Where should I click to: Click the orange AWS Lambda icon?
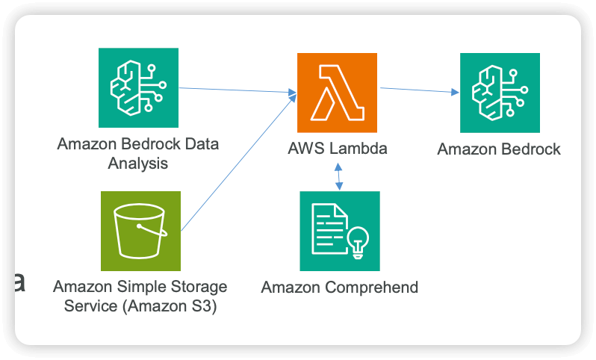pyautogui.click(x=337, y=92)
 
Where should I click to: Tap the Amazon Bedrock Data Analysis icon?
pyautogui.click(x=138, y=87)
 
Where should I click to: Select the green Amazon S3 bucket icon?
pyautogui.click(x=140, y=231)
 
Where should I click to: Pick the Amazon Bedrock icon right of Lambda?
pyautogui.click(x=499, y=93)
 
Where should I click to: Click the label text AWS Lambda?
pyautogui.click(x=338, y=148)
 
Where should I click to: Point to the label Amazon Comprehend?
pyautogui.click(x=339, y=287)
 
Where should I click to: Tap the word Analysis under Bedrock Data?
pyautogui.click(x=138, y=163)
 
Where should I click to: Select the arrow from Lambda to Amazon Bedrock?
pyautogui.click(x=418, y=90)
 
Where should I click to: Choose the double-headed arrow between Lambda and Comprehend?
pyautogui.click(x=338, y=176)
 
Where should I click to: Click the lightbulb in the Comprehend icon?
pyautogui.click(x=359, y=240)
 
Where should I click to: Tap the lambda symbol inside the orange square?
pyautogui.click(x=337, y=92)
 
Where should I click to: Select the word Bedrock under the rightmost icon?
pyautogui.click(x=527, y=149)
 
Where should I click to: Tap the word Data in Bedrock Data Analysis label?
pyautogui.click(x=201, y=143)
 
